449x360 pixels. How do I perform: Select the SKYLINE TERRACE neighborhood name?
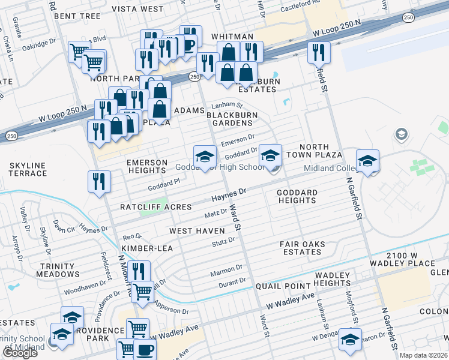pos(28,169)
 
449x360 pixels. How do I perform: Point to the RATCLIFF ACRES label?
pos(155,207)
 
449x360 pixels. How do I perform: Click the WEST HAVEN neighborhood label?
pos(197,231)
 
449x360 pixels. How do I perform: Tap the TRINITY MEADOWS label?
pos(59,270)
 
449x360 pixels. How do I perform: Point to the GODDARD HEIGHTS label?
pos(297,196)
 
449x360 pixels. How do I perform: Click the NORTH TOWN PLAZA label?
pos(321,151)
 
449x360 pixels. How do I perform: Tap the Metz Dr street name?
pos(216,212)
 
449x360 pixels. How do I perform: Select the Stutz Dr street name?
pos(223,242)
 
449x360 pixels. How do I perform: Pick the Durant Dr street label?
pos(232,281)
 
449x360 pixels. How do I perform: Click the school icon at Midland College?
pos(367,160)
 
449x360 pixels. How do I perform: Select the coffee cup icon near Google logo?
pos(145,349)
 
